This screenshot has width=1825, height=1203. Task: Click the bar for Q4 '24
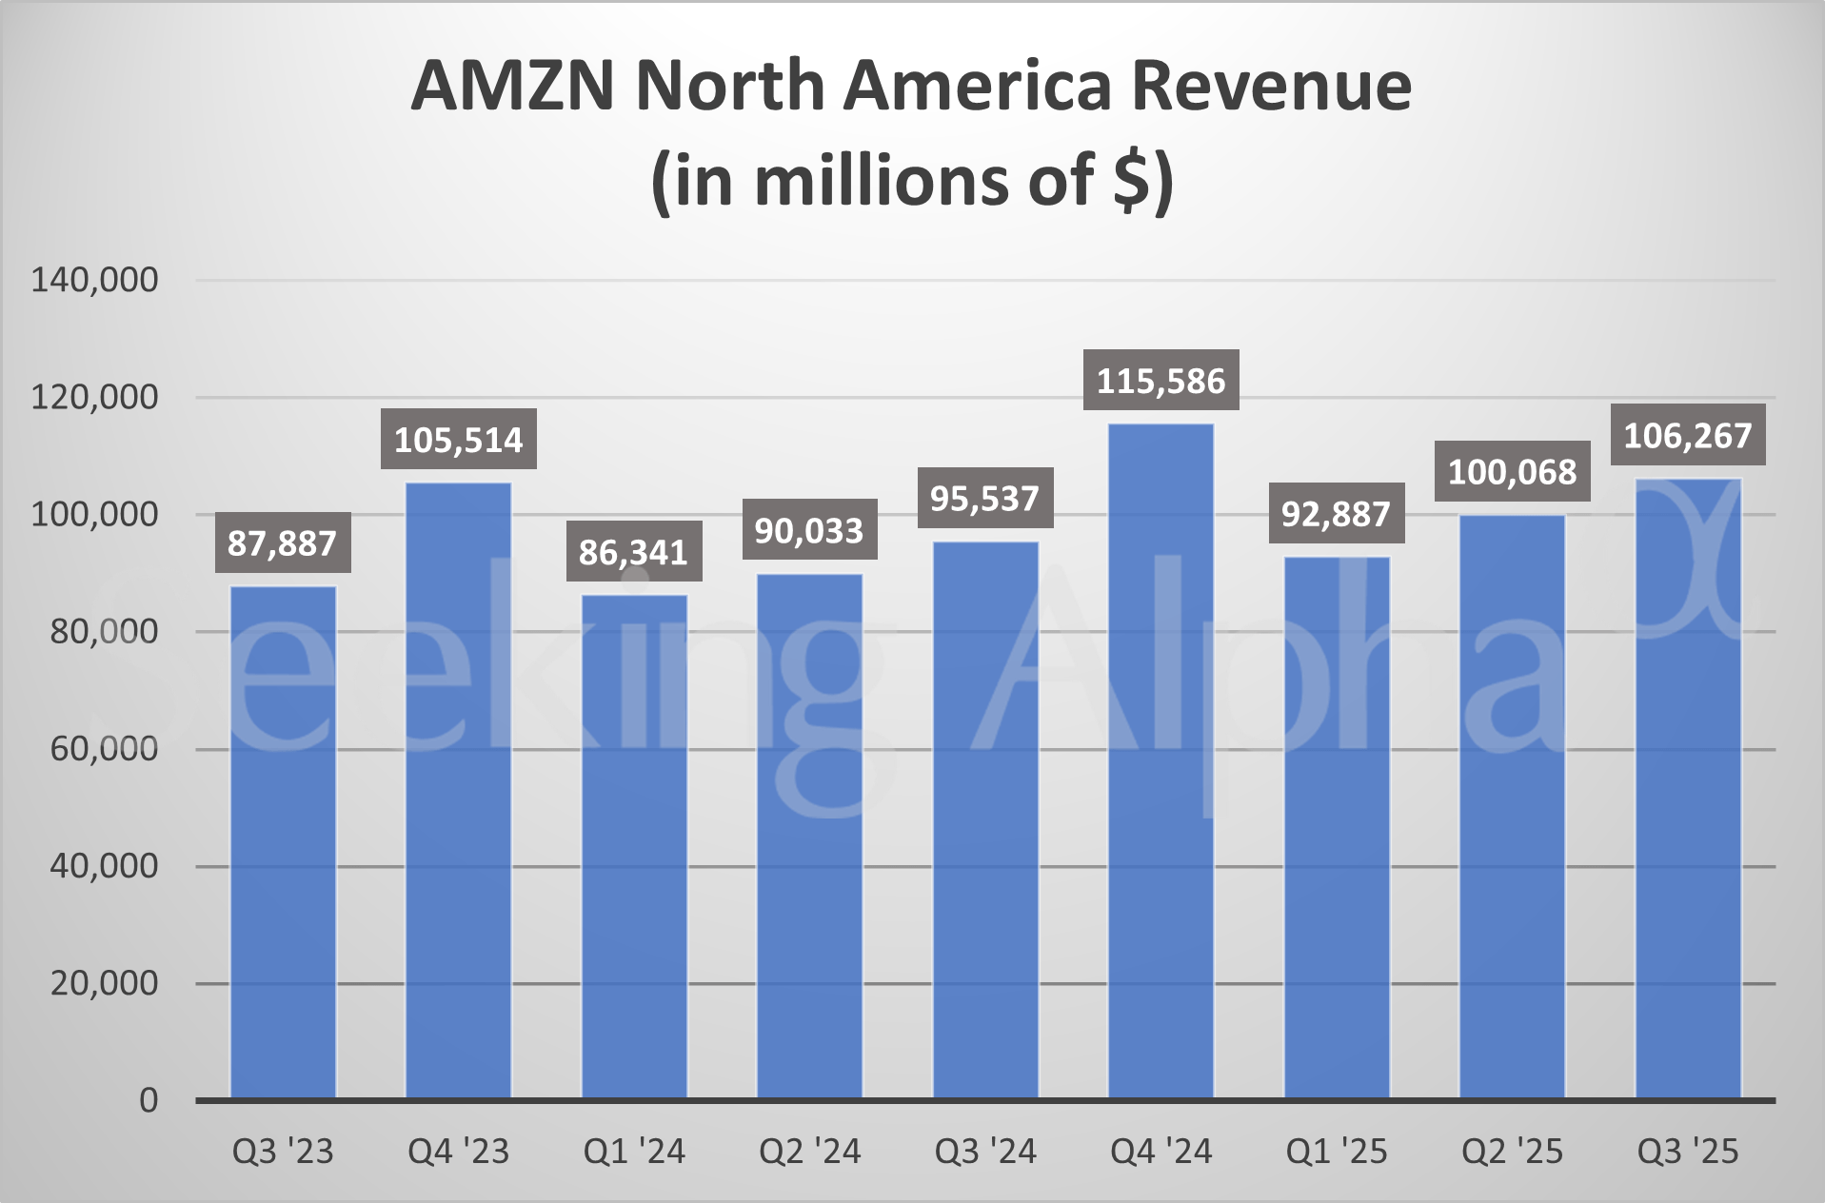(1160, 761)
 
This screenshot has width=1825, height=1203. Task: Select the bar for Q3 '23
(283, 842)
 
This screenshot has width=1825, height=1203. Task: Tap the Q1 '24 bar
(634, 847)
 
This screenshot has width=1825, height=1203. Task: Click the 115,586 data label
(1160, 381)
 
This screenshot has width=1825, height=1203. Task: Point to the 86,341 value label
(633, 552)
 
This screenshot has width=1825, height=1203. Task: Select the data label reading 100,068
(1512, 472)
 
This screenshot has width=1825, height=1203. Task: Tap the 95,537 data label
(984, 499)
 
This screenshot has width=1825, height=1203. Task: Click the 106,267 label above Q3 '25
(1687, 436)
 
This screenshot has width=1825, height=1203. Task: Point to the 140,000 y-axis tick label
(94, 280)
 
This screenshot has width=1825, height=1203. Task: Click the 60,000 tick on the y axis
(104, 749)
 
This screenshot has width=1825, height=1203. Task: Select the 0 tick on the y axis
(149, 1100)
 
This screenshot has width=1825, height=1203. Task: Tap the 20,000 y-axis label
(104, 983)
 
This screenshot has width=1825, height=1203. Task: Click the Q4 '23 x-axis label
(458, 1152)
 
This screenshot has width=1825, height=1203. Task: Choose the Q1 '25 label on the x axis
(1337, 1152)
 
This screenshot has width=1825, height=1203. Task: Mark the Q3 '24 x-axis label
(984, 1152)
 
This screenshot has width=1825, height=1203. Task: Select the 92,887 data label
(1336, 514)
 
